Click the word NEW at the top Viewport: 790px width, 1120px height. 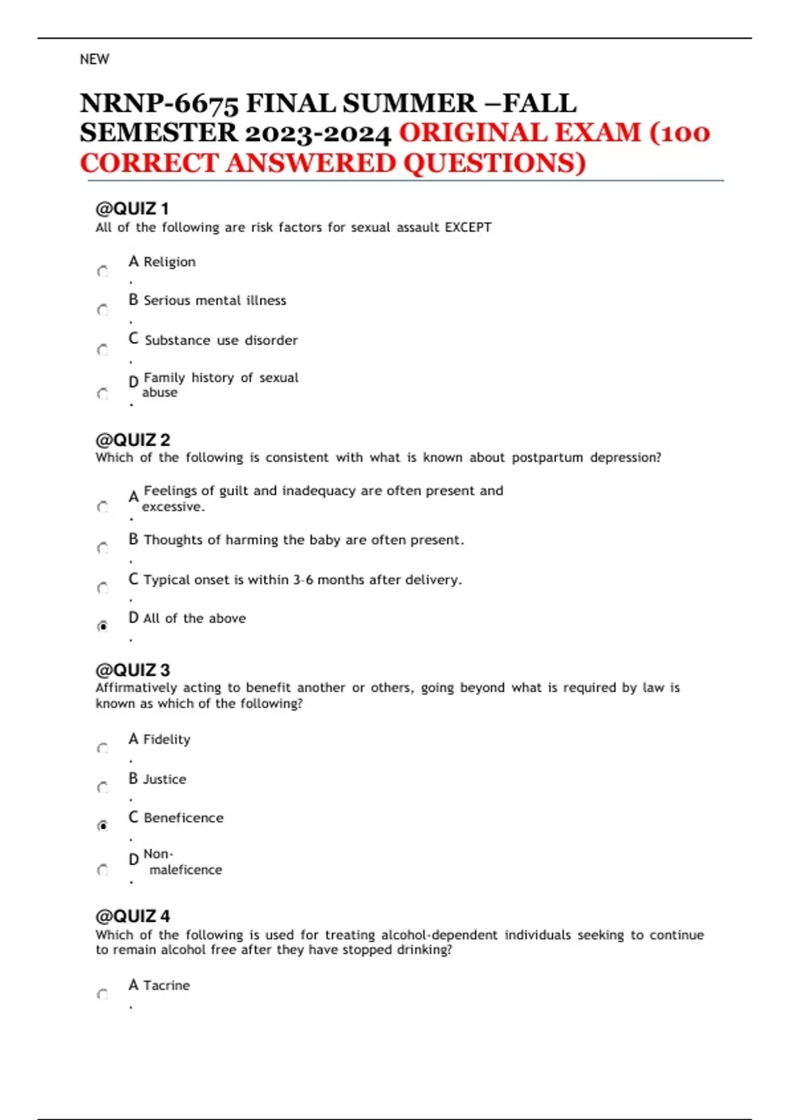[94, 59]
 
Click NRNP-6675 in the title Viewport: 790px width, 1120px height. [158, 104]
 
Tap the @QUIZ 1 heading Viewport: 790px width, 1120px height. [132, 209]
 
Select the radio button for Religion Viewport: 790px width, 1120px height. [103, 271]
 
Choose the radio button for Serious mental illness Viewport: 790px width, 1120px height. [103, 310]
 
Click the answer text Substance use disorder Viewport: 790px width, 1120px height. [221, 340]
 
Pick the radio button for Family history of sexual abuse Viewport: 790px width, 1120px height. [103, 394]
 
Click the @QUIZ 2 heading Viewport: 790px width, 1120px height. [133, 439]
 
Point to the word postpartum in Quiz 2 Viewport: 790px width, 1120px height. [547, 457]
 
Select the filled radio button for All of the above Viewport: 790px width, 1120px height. [103, 626]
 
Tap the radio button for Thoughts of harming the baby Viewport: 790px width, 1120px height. [103, 547]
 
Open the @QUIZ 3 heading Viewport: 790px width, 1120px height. [133, 670]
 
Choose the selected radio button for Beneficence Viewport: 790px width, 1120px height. [103, 826]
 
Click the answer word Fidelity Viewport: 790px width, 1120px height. [167, 739]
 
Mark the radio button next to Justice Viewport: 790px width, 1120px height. [103, 787]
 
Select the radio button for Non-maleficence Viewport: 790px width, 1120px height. [103, 870]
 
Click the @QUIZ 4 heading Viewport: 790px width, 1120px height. [133, 916]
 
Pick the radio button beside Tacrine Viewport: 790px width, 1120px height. [103, 994]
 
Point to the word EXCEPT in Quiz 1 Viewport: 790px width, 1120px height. [468, 227]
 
